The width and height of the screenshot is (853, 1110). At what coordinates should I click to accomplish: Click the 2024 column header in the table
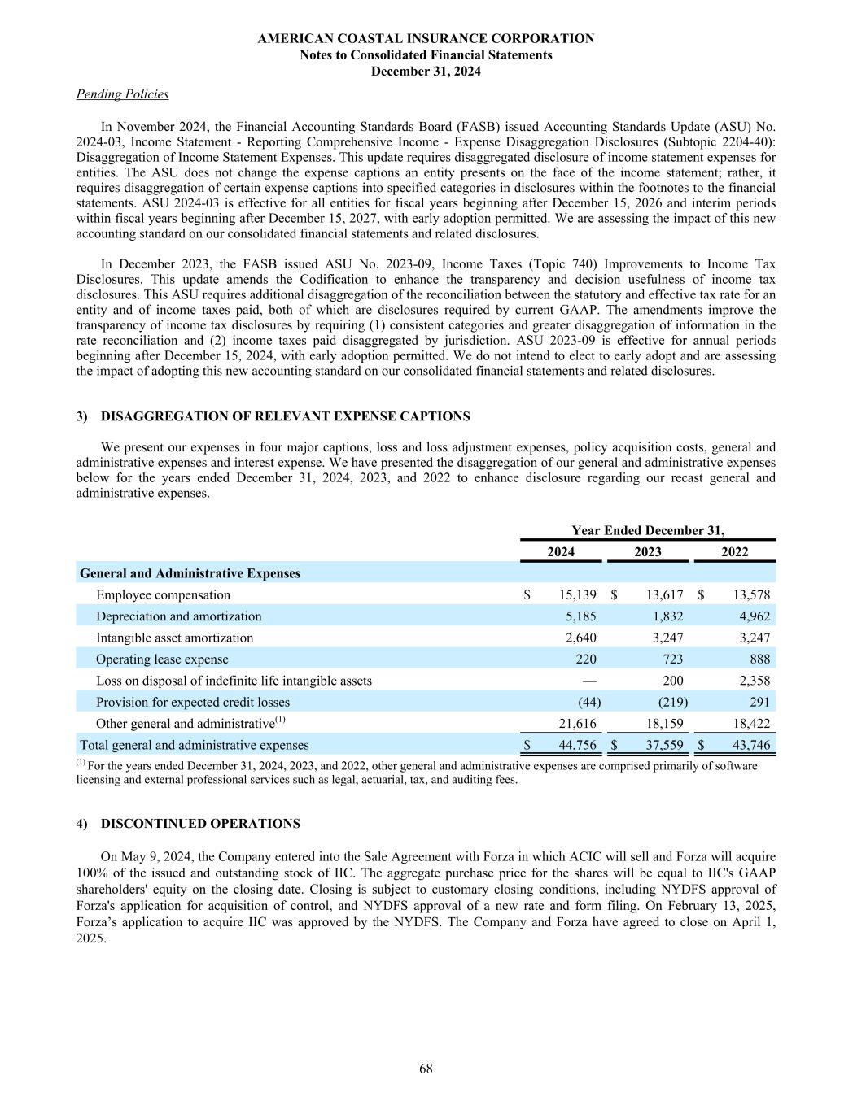(x=561, y=552)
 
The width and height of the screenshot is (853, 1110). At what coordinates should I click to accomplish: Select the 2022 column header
(x=735, y=552)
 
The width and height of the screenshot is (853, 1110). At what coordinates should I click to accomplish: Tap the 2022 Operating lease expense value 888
(x=757, y=659)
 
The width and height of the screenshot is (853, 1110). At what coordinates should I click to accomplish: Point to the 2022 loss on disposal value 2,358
(x=753, y=681)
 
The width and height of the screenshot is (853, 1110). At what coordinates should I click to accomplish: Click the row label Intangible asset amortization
(x=174, y=638)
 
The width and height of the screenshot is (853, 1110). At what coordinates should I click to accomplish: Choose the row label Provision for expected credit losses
(x=192, y=702)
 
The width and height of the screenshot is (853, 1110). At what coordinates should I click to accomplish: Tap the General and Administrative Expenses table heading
(x=190, y=573)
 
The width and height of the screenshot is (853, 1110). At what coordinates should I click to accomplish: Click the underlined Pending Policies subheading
(x=122, y=94)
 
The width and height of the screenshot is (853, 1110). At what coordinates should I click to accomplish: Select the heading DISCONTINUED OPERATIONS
(x=200, y=824)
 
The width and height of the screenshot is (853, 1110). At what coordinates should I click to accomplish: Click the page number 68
(x=426, y=1069)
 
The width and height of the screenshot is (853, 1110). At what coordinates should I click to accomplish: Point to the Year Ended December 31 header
(x=648, y=530)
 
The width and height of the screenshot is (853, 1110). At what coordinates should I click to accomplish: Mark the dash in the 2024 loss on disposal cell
(x=589, y=681)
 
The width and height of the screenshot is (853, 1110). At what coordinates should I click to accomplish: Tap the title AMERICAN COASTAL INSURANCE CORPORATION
(x=426, y=38)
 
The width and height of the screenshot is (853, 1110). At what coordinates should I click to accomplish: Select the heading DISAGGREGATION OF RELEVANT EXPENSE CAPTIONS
(x=285, y=416)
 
